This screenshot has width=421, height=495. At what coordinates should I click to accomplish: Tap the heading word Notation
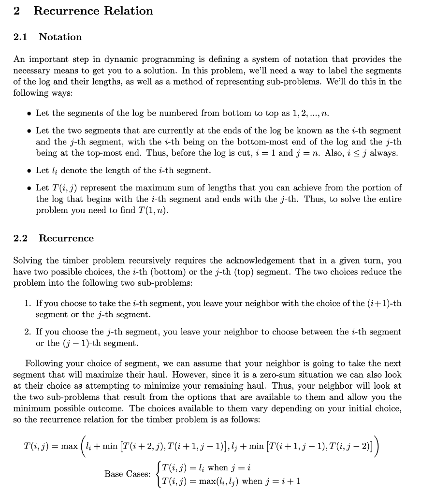[60, 37]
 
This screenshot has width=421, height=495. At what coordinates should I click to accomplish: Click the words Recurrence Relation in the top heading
[93, 11]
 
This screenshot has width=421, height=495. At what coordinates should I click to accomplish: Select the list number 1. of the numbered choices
[28, 304]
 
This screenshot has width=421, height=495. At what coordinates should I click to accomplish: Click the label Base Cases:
[127, 474]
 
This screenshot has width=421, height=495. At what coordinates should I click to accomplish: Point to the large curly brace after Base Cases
[157, 474]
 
